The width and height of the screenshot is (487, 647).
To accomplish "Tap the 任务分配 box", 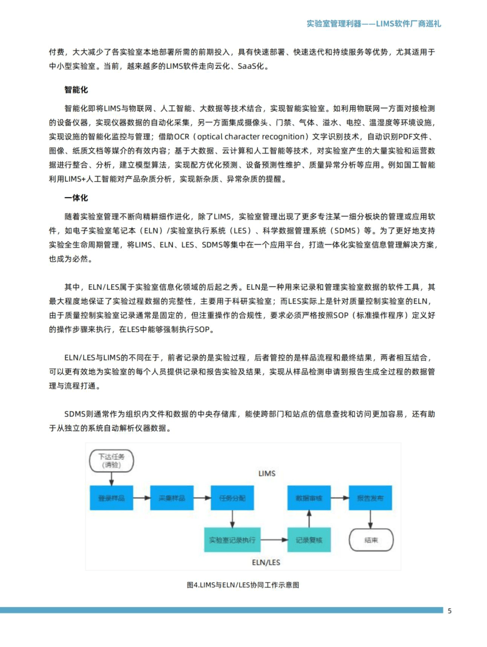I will coord(234,498).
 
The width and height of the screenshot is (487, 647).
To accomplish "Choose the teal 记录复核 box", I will coord(309,539).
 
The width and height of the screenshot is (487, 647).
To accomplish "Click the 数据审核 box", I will coord(309,498).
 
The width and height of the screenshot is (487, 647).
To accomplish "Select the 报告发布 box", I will coord(370,498).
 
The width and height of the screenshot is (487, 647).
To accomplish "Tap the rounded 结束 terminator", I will coord(371,539).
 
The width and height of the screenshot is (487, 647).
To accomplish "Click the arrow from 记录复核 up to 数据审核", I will coord(309,519).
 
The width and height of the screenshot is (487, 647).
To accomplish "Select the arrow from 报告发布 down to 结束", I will coord(371,519).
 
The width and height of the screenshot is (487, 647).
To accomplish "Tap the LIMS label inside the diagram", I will coord(266,473).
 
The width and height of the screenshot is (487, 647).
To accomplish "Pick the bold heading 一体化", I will coord(76,198).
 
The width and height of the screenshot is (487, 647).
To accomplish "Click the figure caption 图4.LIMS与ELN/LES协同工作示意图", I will coord(243,585).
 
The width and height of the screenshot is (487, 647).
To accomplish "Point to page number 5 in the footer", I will coord(450,611).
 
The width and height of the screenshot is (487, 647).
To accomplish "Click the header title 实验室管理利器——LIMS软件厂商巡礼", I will coord(373,24).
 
